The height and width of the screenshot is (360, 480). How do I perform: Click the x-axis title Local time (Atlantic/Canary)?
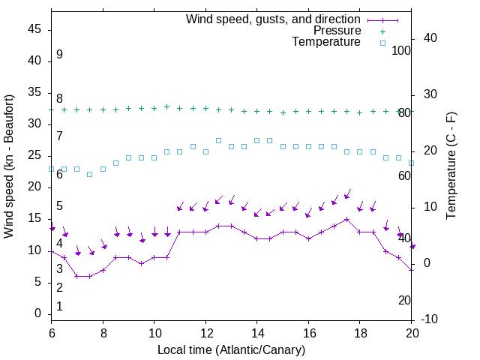coord(232,349)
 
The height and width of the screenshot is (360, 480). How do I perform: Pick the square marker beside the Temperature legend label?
coord(382,43)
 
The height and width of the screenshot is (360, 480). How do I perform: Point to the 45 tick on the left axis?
coord(34,29)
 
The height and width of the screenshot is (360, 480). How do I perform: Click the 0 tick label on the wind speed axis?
coord(38,313)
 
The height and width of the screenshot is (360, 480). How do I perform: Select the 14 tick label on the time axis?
coord(257,332)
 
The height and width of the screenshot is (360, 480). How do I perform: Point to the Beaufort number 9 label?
coord(59,55)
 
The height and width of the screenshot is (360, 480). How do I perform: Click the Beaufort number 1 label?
coord(59,306)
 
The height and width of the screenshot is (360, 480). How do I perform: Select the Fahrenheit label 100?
coord(402,50)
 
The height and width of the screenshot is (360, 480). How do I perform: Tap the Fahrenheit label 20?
coord(405,300)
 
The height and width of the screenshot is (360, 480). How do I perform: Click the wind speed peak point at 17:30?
coord(346,219)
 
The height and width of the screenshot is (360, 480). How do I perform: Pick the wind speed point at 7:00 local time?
coord(76,276)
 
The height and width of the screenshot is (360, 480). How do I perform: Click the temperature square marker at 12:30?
coord(218,140)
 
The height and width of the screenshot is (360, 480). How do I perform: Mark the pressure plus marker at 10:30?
coord(166,106)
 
